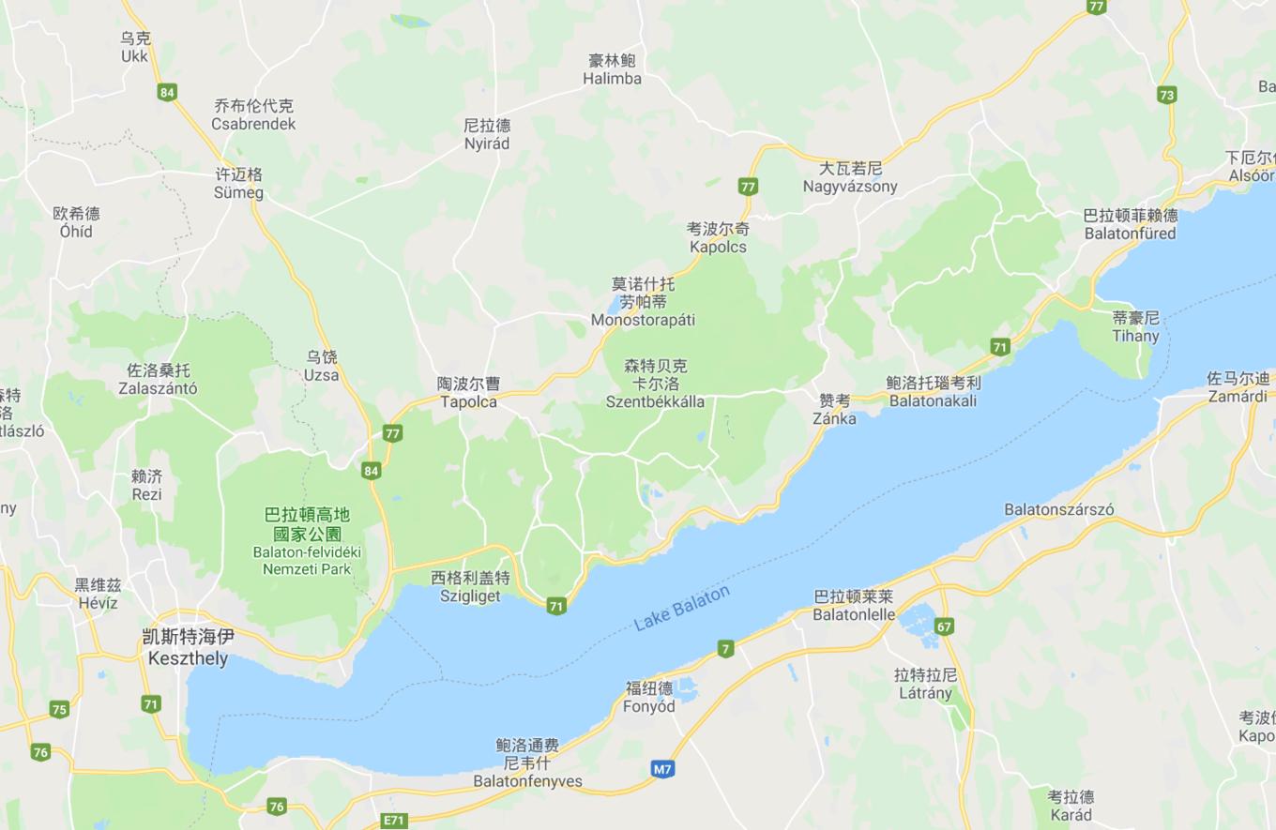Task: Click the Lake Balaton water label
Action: click(x=681, y=610)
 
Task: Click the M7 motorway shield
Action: click(x=662, y=769)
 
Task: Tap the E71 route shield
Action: click(x=394, y=821)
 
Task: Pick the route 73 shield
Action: click(x=1166, y=95)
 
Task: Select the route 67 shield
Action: click(x=944, y=626)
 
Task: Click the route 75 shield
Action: click(x=59, y=710)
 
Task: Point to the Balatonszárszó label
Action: click(x=1059, y=510)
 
